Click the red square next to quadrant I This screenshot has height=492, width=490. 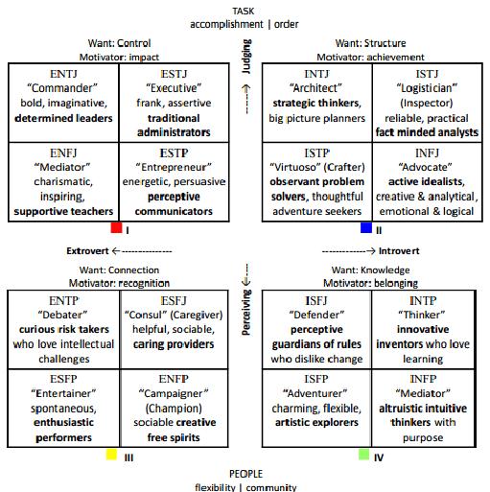pos(116,227)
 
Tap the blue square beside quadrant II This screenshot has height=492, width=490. pos(366,227)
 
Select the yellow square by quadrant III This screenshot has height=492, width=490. pos(111,455)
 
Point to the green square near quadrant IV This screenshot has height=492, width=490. pos(363,455)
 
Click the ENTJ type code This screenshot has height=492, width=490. pos(63,74)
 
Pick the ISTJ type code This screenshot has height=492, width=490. pos(427,74)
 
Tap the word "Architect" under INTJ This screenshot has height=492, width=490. pos(315,88)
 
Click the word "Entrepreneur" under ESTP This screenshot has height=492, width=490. pos(174,167)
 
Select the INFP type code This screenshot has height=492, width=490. pos(423,379)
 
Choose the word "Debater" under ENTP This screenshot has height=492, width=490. pos(62,315)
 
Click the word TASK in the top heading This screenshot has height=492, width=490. pos(244,12)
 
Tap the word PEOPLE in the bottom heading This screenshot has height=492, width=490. pos(245,474)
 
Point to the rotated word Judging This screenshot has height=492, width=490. pos(246,57)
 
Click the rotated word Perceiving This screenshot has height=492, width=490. pos(246,312)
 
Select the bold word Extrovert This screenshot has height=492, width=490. pos(87,251)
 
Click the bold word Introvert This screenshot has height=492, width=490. pos(399,251)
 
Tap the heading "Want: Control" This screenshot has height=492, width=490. pos(119,43)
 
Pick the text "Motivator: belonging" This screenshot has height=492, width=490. pos(370,283)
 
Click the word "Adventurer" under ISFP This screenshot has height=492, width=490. pos(315,393)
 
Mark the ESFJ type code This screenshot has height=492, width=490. pos(174,301)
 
